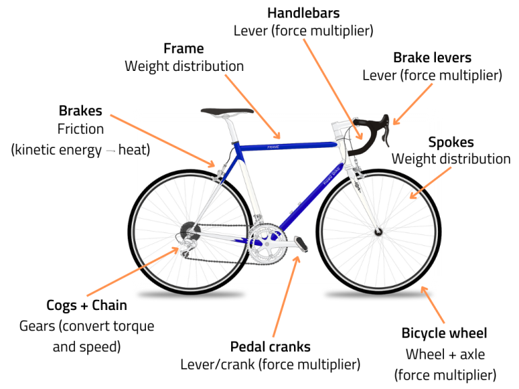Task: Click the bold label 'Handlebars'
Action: point(303,13)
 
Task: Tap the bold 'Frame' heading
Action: point(184,49)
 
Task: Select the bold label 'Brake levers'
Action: point(432,57)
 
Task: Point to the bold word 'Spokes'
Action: point(451,142)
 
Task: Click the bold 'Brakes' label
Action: point(80,111)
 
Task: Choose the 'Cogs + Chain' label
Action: point(86,305)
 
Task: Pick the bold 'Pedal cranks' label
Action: point(270,346)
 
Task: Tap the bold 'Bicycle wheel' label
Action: point(444,333)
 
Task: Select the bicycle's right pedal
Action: point(301,242)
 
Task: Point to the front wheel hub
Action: point(377,232)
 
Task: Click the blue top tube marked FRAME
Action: point(284,145)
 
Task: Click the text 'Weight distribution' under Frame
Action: point(184,66)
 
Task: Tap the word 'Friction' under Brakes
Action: point(80,129)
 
